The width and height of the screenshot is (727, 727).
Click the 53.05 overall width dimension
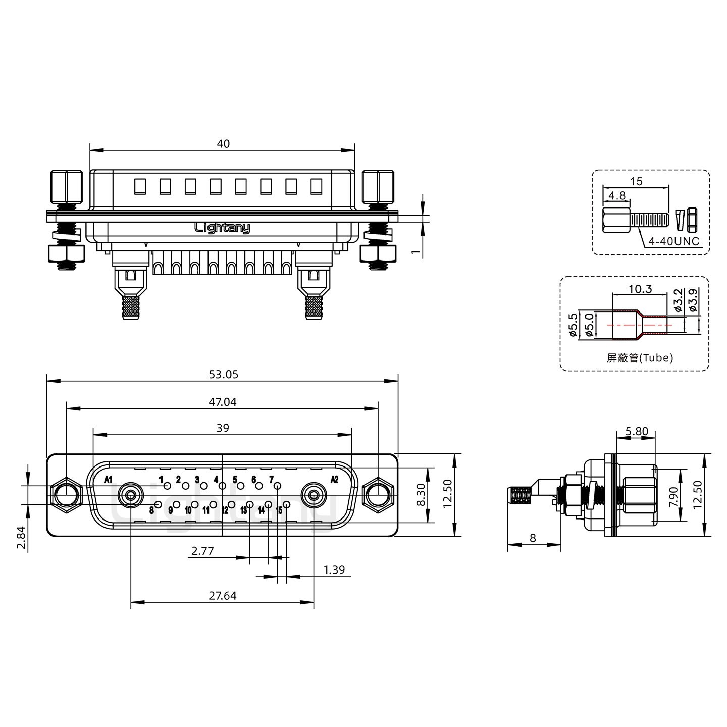223,374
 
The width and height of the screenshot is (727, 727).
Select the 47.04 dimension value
223,402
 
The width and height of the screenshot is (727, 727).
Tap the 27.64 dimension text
223,596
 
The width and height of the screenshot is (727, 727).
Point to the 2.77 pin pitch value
202,551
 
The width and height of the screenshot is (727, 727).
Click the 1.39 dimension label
334,569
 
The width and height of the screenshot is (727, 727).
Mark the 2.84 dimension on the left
22,538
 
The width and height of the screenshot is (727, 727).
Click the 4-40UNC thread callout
674,241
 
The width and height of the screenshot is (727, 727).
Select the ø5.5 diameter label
573,325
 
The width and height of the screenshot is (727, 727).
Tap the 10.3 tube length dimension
640,289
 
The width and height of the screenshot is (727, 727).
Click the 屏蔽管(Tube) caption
640,357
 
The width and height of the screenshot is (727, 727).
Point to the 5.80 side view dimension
637,431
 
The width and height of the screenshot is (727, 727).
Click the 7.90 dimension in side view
673,497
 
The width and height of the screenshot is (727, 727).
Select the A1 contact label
108,480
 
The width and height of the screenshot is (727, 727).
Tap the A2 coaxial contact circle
314,495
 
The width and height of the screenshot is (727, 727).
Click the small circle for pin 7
277,486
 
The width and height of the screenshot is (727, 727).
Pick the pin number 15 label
279,510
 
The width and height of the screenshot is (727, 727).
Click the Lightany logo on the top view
222,228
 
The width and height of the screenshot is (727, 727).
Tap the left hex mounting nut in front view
66,495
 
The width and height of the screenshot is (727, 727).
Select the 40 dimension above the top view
223,144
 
